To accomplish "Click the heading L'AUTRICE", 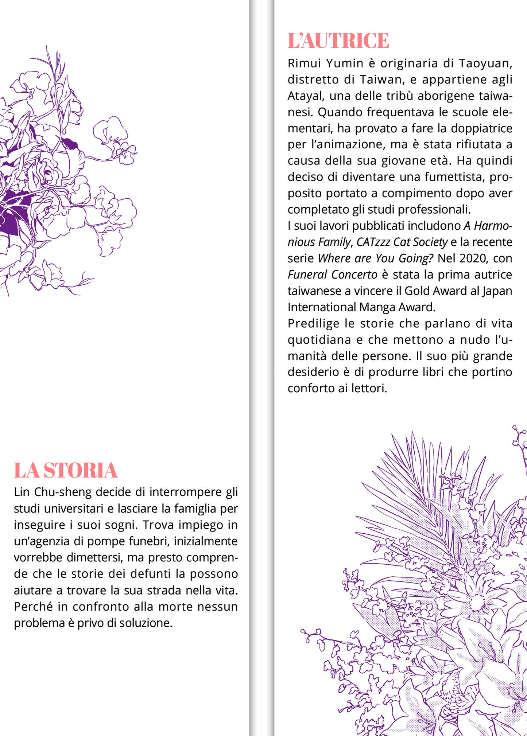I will [x=338, y=40].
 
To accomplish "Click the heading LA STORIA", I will [x=66, y=470].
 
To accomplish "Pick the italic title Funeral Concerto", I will [x=332, y=274].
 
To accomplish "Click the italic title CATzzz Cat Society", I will [x=402, y=242].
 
